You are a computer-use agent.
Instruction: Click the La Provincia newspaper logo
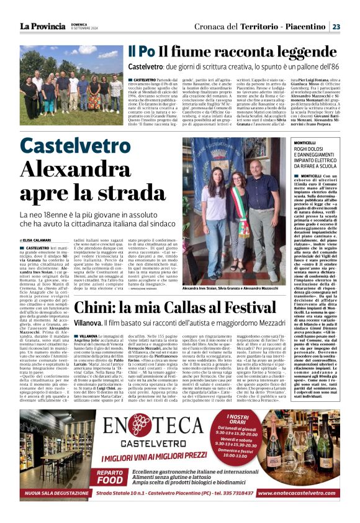coord(42,26)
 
